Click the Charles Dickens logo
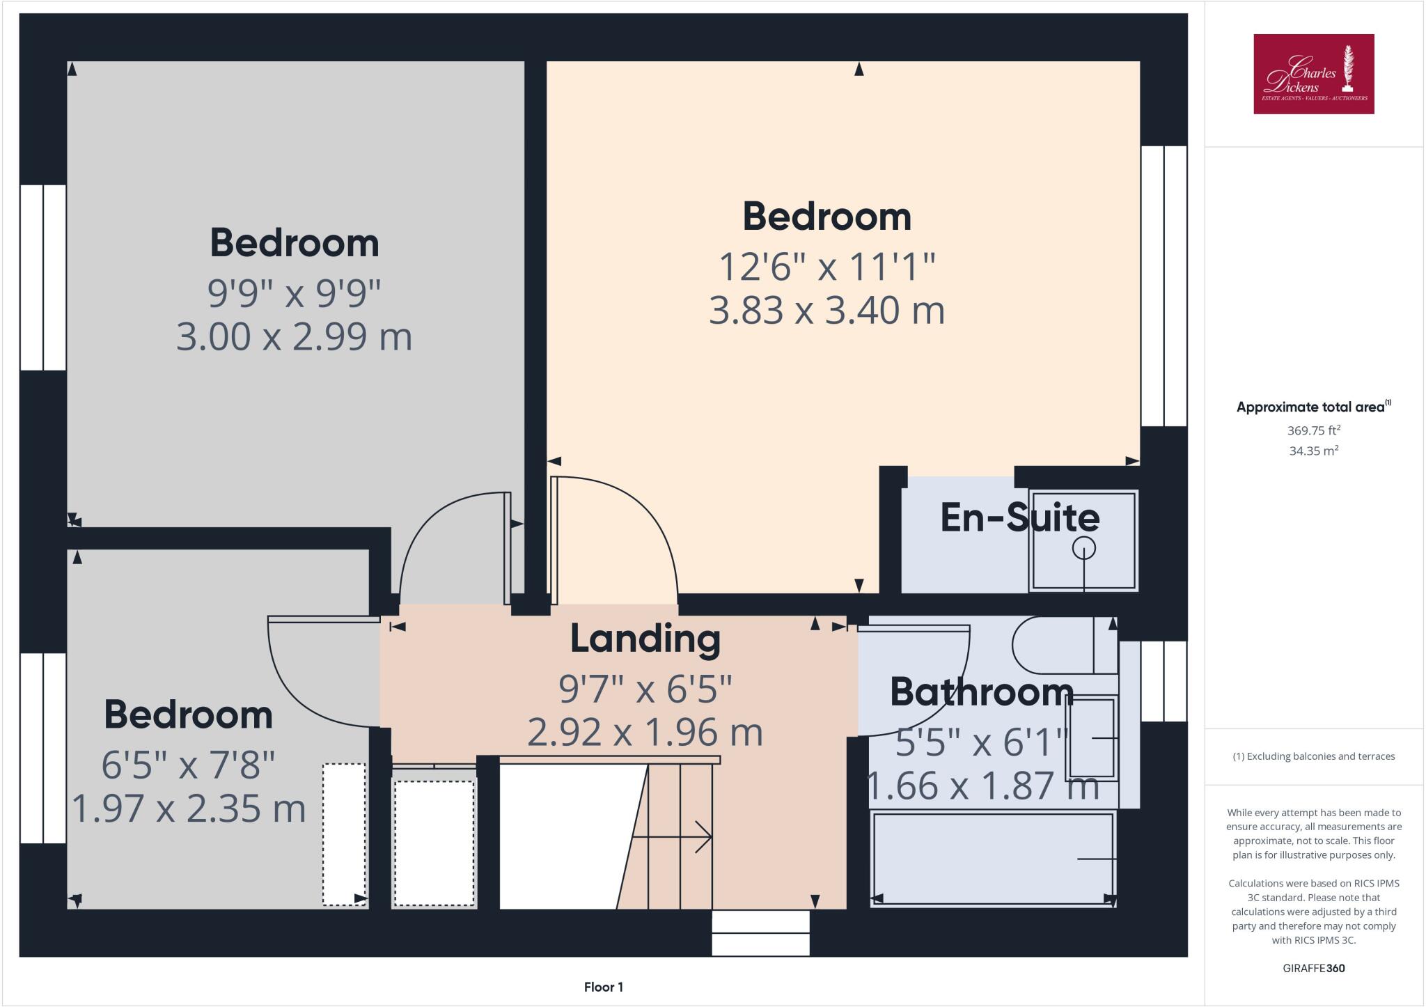pyautogui.click(x=1313, y=74)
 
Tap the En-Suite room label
pyautogui.click(x=1019, y=518)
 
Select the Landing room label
pyautogui.click(x=645, y=639)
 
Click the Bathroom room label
pyautogui.click(x=981, y=692)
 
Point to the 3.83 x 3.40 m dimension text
pyautogui.click(x=826, y=311)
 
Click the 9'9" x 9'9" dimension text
pyautogui.click(x=294, y=293)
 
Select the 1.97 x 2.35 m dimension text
pyautogui.click(x=189, y=809)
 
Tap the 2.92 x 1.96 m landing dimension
pyautogui.click(x=645, y=733)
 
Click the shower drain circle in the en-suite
pyautogui.click(x=1083, y=548)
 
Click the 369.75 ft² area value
pyautogui.click(x=1313, y=430)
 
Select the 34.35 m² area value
pyautogui.click(x=1313, y=451)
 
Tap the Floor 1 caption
pyautogui.click(x=603, y=987)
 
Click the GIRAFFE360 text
pyautogui.click(x=1313, y=968)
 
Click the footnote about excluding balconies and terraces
pyautogui.click(x=1313, y=756)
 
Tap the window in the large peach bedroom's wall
pyautogui.click(x=1163, y=286)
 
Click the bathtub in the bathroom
pyautogui.click(x=992, y=859)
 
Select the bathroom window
pyautogui.click(x=1163, y=681)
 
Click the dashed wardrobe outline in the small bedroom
pyautogui.click(x=344, y=834)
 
